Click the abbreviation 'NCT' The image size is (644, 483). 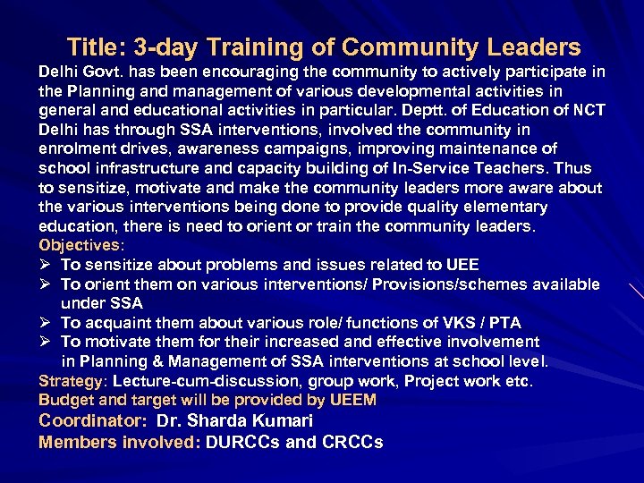(587, 110)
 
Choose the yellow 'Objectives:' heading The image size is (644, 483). (81, 245)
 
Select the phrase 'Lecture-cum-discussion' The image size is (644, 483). (192, 381)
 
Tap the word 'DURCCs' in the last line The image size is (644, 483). (243, 442)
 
